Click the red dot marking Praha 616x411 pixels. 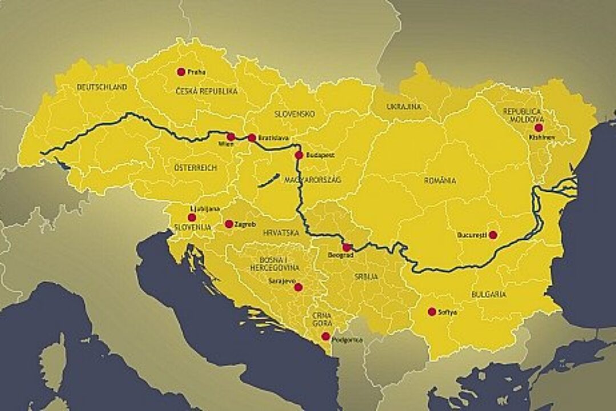tap(181, 72)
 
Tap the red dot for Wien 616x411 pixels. tap(230, 136)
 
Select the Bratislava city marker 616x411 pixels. tap(252, 138)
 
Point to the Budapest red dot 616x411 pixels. tap(299, 155)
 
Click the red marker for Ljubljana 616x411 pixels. tap(192, 217)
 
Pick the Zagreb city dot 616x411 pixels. tap(229, 224)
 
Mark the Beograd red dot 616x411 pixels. tap(346, 247)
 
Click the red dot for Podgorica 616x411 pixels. tap(325, 336)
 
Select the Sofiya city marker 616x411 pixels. tap(432, 312)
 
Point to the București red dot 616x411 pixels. tap(493, 235)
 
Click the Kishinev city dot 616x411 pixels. tap(538, 128)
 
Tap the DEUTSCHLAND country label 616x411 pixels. tap(102, 87)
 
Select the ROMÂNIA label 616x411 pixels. tap(440, 180)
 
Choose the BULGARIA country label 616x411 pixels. tap(488, 295)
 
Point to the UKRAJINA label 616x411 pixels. tap(404, 107)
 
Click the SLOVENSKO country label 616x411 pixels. tap(295, 114)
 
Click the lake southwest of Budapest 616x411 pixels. tap(269, 181)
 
